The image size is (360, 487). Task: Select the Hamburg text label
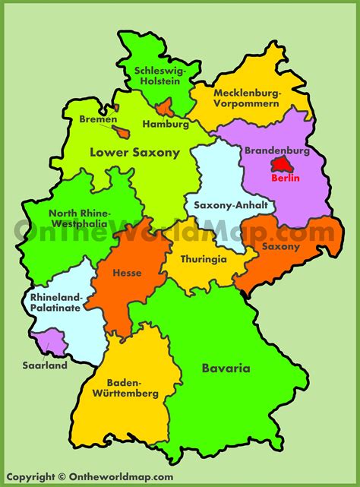(165, 124)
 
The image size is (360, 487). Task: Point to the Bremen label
(98, 119)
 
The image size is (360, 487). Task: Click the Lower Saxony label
(134, 153)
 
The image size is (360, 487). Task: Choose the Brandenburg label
(277, 150)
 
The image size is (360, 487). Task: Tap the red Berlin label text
(286, 179)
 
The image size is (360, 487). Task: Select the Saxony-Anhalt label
(223, 205)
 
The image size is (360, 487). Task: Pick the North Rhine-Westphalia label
(80, 219)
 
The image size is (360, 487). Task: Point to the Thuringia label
(204, 258)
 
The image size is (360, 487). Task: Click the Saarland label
(45, 365)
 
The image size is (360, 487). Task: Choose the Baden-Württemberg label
(132, 387)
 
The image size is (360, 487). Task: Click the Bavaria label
(226, 369)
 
